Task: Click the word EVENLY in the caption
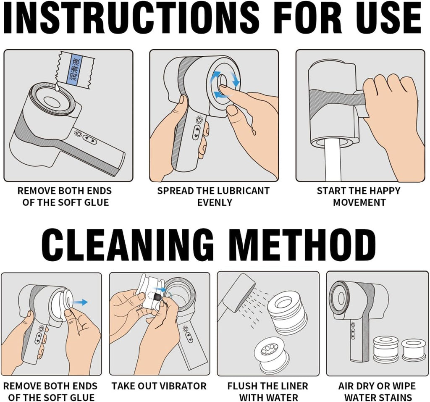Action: [215, 202]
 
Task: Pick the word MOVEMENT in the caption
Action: [359, 202]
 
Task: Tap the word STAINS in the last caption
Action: [394, 397]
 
